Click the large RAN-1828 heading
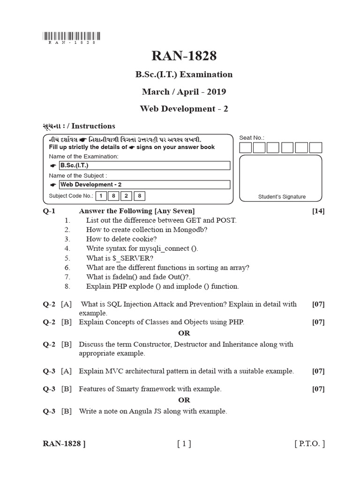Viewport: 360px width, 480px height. tap(184, 56)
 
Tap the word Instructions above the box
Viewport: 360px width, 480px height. tap(93, 126)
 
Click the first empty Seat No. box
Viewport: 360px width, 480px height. tap(245, 148)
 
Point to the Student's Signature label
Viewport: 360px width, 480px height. tap(282, 197)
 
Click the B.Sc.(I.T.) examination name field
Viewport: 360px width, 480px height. tap(144, 165)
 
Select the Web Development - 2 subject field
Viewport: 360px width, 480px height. tap(144, 185)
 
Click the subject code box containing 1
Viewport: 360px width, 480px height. tap(100, 196)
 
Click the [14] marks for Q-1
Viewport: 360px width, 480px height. tap(318, 211)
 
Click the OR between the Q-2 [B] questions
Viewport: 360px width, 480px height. tap(184, 333)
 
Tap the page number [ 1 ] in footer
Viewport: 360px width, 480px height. tap(184, 443)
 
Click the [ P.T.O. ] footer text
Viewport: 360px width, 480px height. tap(309, 443)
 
